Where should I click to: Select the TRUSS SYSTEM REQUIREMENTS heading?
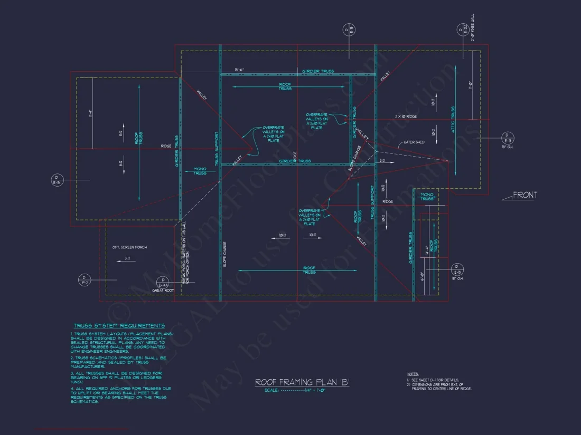pos(119,326)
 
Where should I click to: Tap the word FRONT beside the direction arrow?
pos(525,195)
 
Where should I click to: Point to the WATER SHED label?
pos(414,142)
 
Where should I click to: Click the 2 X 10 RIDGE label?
pos(406,116)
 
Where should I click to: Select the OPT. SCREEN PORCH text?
pos(129,247)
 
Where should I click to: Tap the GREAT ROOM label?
pos(163,291)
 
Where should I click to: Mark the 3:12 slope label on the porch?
pos(127,258)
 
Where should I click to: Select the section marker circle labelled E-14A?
pos(164,282)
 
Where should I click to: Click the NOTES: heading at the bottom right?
pos(413,373)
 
